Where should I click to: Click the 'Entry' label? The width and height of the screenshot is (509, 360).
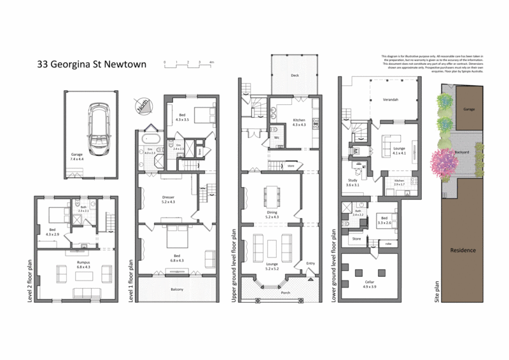[x=310, y=263]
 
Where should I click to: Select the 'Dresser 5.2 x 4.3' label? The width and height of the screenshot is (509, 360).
[x=169, y=199]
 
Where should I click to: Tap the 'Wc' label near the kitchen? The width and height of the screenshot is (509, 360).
[x=277, y=137]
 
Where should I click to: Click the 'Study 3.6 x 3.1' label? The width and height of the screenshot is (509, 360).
[x=352, y=182]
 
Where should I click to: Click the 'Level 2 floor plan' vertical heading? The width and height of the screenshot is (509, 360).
[x=31, y=278]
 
